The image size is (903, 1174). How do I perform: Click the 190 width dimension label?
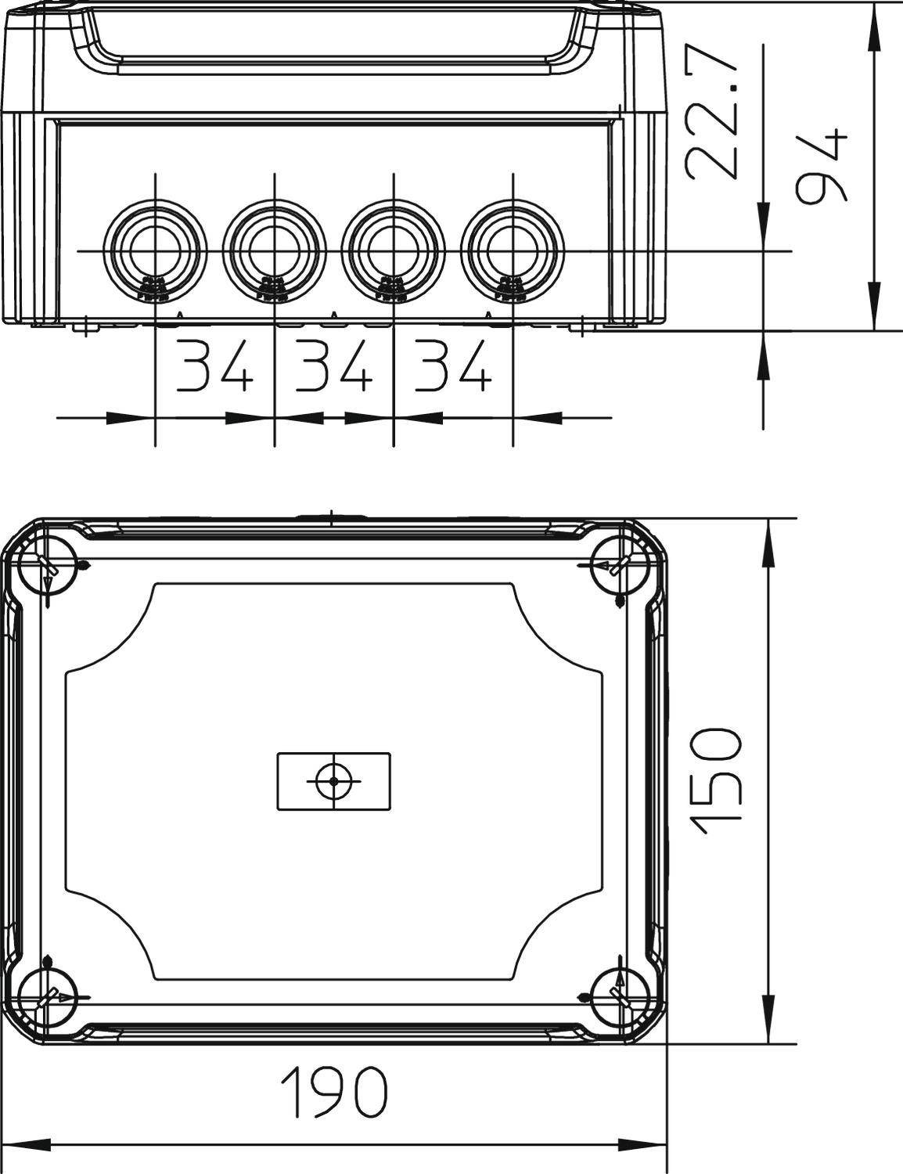[x=334, y=1093]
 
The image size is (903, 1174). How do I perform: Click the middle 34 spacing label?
[x=333, y=366]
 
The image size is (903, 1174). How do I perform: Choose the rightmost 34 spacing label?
[x=452, y=366]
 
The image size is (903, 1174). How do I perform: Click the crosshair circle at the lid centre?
[x=334, y=781]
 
